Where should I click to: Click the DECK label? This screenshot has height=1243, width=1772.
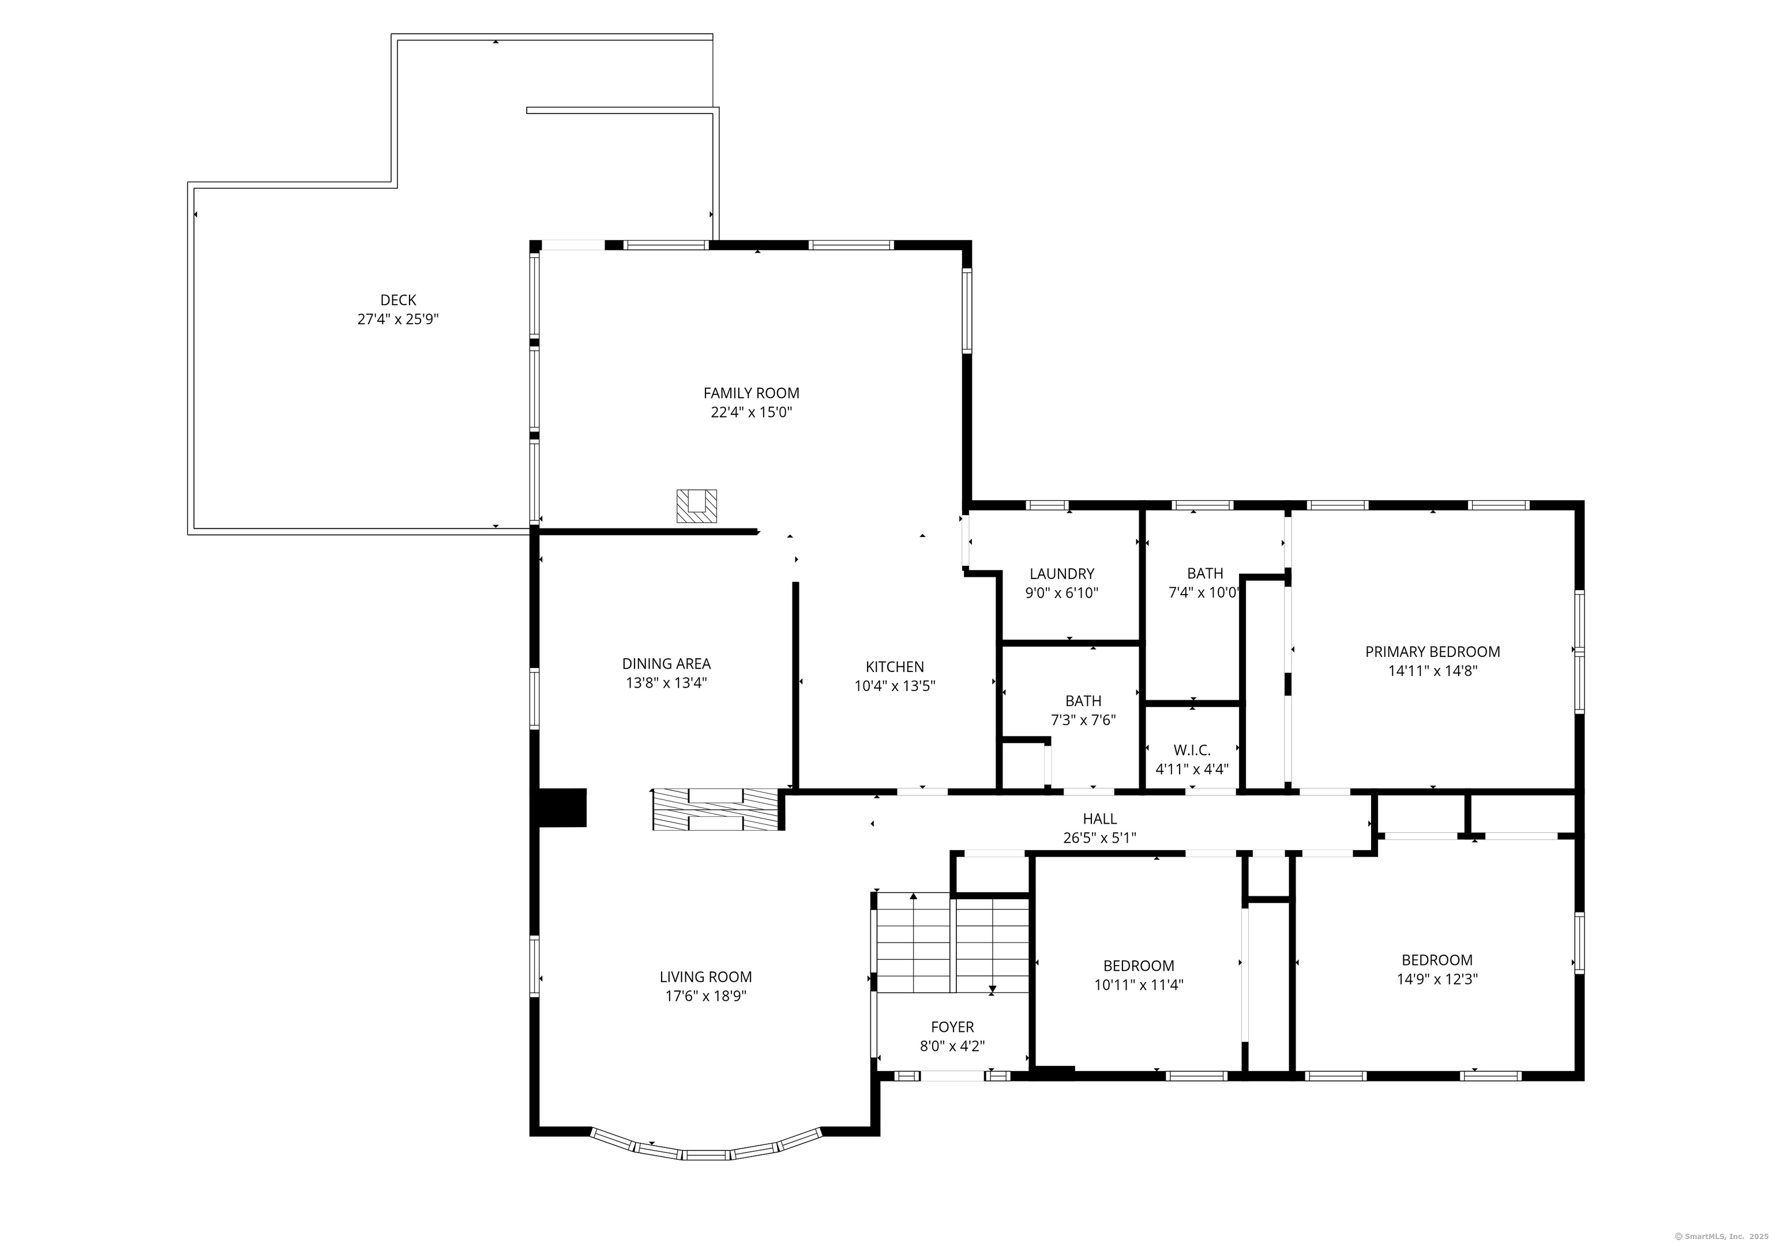pyautogui.click(x=398, y=300)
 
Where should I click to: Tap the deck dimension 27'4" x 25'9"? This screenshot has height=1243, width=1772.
pyautogui.click(x=398, y=320)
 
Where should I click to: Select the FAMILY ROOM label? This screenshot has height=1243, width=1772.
pyautogui.click(x=751, y=393)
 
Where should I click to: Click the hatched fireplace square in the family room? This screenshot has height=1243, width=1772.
pyautogui.click(x=697, y=506)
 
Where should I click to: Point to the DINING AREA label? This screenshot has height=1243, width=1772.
pyautogui.click(x=666, y=663)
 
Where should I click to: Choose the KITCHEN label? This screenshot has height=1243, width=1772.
pyautogui.click(x=895, y=667)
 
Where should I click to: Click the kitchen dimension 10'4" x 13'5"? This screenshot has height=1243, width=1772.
pyautogui.click(x=895, y=686)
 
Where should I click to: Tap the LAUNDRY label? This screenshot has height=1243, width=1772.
pyautogui.click(x=1062, y=574)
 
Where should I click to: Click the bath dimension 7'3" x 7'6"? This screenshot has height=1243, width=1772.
pyautogui.click(x=1084, y=720)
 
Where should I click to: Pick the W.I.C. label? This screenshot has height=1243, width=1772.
pyautogui.click(x=1192, y=750)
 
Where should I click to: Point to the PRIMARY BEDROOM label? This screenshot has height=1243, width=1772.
pyautogui.click(x=1432, y=652)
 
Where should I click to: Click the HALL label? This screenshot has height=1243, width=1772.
pyautogui.click(x=1100, y=818)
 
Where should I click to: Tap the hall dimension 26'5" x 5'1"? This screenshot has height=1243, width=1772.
pyautogui.click(x=1100, y=838)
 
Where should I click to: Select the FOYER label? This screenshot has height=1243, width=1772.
pyautogui.click(x=952, y=1027)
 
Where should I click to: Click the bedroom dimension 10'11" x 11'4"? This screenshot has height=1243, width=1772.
pyautogui.click(x=1139, y=985)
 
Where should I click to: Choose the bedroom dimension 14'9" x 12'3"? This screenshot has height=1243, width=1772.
pyautogui.click(x=1437, y=979)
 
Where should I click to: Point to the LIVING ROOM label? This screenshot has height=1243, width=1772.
pyautogui.click(x=706, y=977)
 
